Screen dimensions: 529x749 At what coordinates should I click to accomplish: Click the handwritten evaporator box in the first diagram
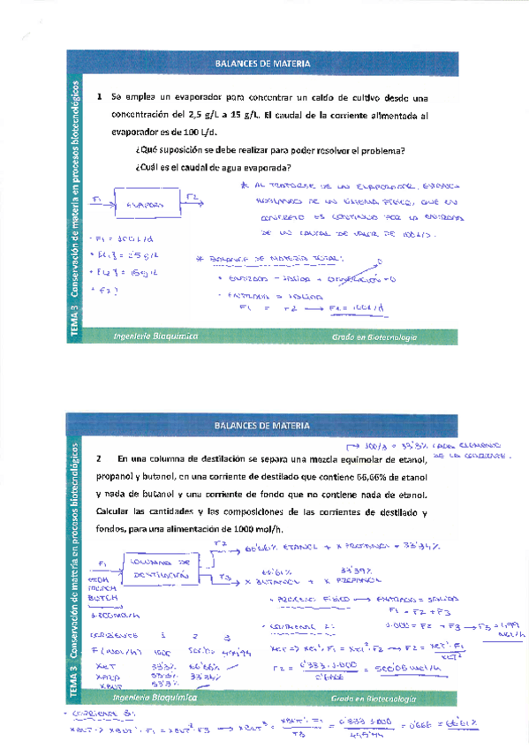[x=147, y=204]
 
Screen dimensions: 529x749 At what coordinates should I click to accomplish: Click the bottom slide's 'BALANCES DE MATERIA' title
[x=263, y=425]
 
